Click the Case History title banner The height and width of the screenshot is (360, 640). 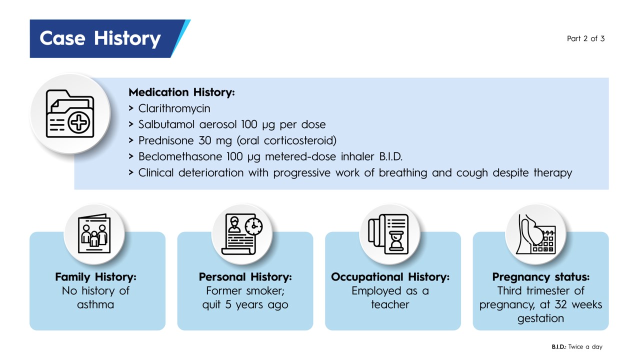[110, 38]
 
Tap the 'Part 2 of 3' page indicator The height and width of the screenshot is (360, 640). [585, 38]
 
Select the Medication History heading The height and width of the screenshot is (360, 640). [181, 92]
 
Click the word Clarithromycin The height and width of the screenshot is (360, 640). [174, 108]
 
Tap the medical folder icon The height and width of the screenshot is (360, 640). [70, 113]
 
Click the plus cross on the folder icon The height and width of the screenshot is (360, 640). [79, 123]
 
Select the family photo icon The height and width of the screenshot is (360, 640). [94, 233]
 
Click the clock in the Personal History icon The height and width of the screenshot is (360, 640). [253, 226]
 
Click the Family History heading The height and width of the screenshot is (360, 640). [95, 276]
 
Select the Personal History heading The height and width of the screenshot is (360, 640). [245, 276]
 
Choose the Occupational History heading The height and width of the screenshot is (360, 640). [390, 276]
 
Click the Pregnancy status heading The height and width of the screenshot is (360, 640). [541, 277]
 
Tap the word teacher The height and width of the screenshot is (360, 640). [390, 304]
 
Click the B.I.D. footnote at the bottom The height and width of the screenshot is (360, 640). [577, 347]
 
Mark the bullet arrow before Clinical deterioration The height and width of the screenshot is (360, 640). [131, 172]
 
